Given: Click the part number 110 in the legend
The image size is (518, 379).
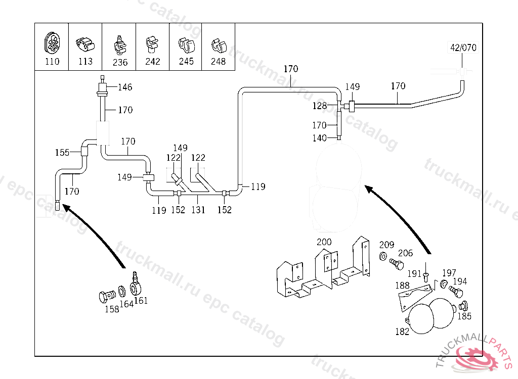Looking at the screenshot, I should pos(52,62).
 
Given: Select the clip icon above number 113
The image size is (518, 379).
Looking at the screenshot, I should pos(85,44).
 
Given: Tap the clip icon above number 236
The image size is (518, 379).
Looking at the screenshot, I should pos(119,45).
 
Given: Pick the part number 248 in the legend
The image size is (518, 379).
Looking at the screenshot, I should pos(219,62).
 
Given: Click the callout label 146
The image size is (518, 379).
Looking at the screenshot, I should pos(125,87).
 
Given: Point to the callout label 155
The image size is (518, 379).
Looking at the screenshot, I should pos(62,153).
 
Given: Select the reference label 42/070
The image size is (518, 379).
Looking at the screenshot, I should pos(463,48).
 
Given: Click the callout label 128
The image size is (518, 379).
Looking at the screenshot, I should pos(319,106).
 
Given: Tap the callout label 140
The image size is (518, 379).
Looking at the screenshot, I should pos(319,138).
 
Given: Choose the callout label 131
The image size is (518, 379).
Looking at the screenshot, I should pos(198,210).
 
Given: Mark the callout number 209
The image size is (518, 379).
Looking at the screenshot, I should pos(386,245).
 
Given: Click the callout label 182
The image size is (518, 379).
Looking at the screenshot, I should pos(402,331).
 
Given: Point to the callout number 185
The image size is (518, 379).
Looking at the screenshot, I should pos(464,316).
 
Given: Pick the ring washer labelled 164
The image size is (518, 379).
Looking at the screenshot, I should pos(122,292).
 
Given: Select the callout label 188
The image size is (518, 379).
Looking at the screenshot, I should pos(403,286).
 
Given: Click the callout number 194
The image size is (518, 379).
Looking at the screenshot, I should pos(460,281).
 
